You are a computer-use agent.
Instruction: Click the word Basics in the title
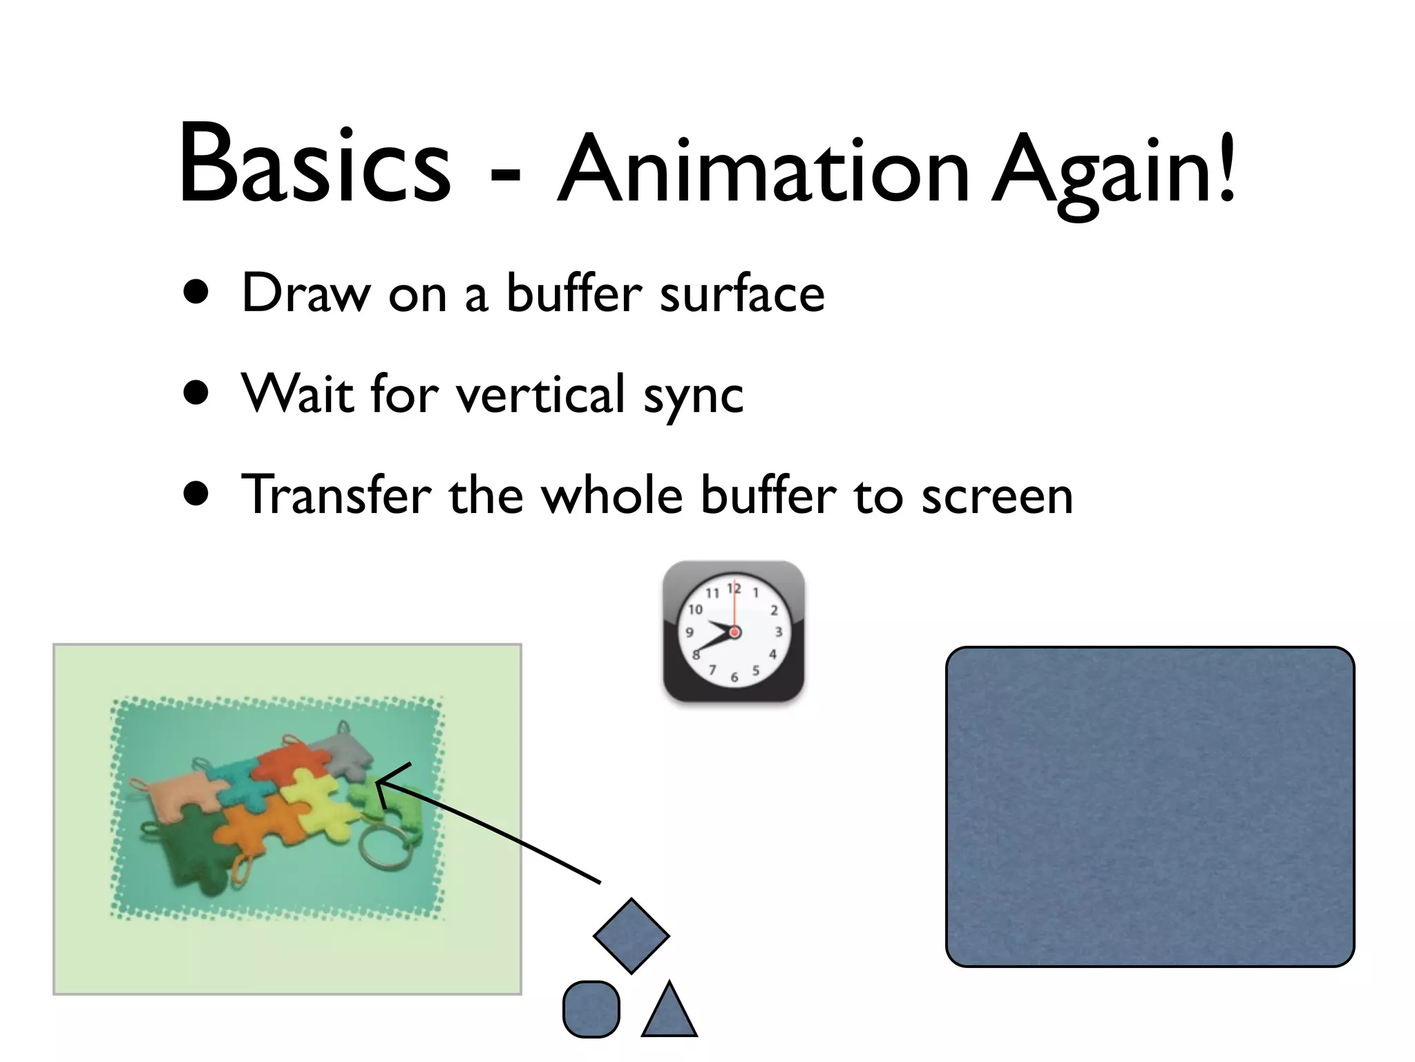[314, 166]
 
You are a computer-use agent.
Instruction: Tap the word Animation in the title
[763, 169]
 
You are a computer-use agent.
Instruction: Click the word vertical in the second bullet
[540, 394]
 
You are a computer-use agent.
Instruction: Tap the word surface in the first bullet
[742, 294]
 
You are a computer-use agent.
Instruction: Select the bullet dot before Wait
[197, 393]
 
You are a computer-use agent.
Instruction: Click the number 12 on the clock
[734, 588]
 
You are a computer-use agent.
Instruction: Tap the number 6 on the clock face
[734, 678]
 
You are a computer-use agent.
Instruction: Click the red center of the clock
[734, 632]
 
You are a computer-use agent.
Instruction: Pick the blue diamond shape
[631, 936]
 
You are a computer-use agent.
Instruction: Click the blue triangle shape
[669, 1013]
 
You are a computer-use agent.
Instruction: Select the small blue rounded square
[591, 1009]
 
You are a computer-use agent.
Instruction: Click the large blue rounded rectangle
[1149, 806]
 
